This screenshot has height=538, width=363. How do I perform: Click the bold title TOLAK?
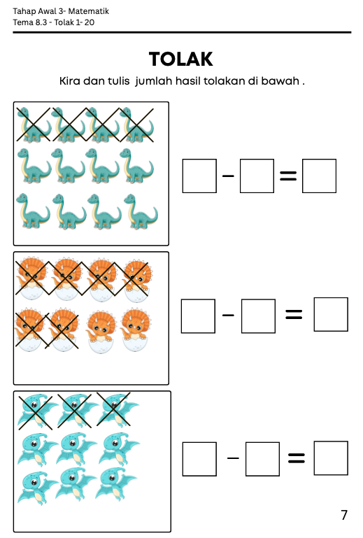tap(181, 59)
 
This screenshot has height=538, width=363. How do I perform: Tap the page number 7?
tap(344, 515)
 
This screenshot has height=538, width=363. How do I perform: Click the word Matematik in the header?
tap(89, 11)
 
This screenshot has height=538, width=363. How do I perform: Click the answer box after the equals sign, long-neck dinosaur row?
tap(319, 176)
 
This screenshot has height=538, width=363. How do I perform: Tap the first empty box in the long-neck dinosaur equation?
tap(199, 176)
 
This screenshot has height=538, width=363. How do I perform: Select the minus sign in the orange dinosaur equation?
tap(228, 315)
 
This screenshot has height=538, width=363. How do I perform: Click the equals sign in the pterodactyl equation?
tap(297, 458)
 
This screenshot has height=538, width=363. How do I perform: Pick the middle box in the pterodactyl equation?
tap(262, 459)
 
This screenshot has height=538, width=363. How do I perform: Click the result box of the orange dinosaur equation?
tap(331, 314)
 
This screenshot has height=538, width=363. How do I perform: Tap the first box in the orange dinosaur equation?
tap(199, 316)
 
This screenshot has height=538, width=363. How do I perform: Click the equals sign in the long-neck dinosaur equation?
tap(288, 176)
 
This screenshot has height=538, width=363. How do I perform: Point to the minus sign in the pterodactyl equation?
tap(233, 458)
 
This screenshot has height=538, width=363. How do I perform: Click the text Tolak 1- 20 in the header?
tap(74, 22)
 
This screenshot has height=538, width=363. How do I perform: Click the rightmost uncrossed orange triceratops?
tap(136, 330)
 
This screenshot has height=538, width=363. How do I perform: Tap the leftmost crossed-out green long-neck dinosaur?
tap(34, 125)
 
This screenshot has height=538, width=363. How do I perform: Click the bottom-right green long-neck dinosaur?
tap(141, 211)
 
